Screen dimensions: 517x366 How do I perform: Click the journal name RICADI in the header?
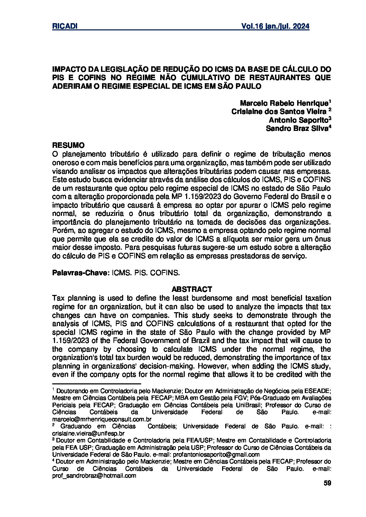pyautogui.click(x=64, y=27)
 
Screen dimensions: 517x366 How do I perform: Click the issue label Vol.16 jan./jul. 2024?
pyautogui.click(x=275, y=27)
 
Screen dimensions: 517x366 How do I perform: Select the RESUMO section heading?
pyautogui.click(x=68, y=145)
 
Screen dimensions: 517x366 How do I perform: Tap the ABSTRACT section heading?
pyautogui.click(x=192, y=289)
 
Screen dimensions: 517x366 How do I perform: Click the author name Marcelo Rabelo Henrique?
pyautogui.click(x=284, y=103)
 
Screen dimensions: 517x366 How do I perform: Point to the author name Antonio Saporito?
pyautogui.click(x=298, y=119)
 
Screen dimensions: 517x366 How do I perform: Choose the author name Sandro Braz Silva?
pyautogui.click(x=296, y=128)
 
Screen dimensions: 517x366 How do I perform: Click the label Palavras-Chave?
pyautogui.click(x=80, y=272)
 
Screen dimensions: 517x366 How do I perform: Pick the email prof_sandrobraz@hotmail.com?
pyautogui.click(x=94, y=476)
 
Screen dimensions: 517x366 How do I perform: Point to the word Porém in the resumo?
pyautogui.click(x=61, y=230)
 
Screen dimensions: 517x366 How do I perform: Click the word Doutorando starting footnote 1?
pyautogui.click(x=74, y=391)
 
